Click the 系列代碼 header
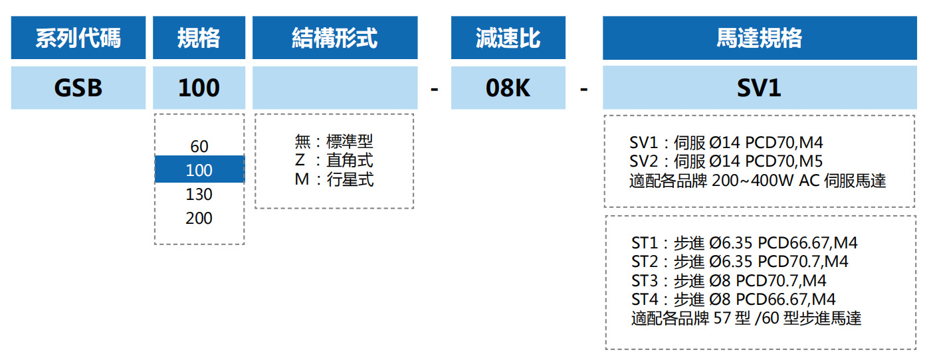point(78,38)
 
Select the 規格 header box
point(199,38)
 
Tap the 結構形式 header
point(335,38)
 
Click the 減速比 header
point(508,38)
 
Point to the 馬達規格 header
point(759,38)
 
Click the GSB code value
point(78,88)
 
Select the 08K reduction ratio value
point(508,88)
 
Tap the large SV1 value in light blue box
point(759,88)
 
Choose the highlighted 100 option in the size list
point(199,170)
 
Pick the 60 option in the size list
point(199,147)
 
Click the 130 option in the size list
point(199,195)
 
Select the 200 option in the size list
point(199,219)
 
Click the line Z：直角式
point(334,160)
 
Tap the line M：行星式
point(334,179)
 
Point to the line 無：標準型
point(334,141)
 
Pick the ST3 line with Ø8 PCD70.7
point(728,281)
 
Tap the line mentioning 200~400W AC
point(757,181)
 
